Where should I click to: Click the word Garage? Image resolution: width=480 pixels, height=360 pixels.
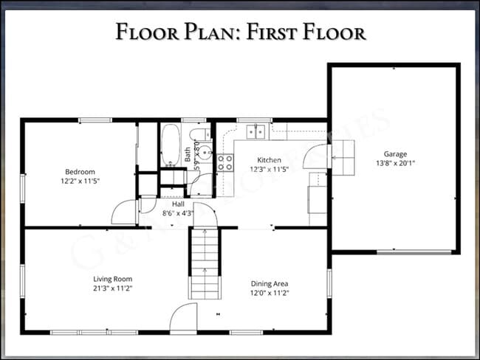(x=394, y=154)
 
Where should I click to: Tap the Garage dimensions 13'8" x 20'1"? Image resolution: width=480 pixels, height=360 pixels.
(x=394, y=163)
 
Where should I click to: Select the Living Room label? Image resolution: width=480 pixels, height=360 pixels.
(x=112, y=279)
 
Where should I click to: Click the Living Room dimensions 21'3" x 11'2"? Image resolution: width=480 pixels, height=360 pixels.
(x=112, y=288)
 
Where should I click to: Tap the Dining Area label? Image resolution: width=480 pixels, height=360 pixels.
(x=269, y=283)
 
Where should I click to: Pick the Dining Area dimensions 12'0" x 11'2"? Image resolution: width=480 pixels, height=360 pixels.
(x=269, y=293)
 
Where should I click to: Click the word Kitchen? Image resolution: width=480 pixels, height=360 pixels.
(x=269, y=160)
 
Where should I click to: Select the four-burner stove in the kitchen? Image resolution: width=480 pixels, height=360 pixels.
(x=225, y=162)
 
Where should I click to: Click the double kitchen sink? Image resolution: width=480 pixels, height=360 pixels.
(x=256, y=131)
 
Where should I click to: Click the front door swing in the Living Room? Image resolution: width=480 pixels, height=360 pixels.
(x=183, y=319)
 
